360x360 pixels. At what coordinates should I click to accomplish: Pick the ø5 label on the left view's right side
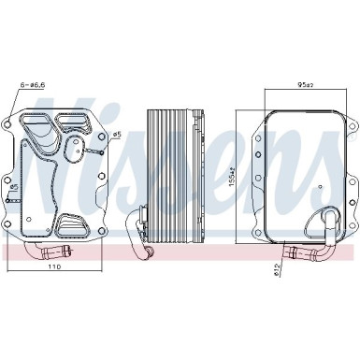[x=117, y=135]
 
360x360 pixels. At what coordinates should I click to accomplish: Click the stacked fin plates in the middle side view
[x=169, y=168]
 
